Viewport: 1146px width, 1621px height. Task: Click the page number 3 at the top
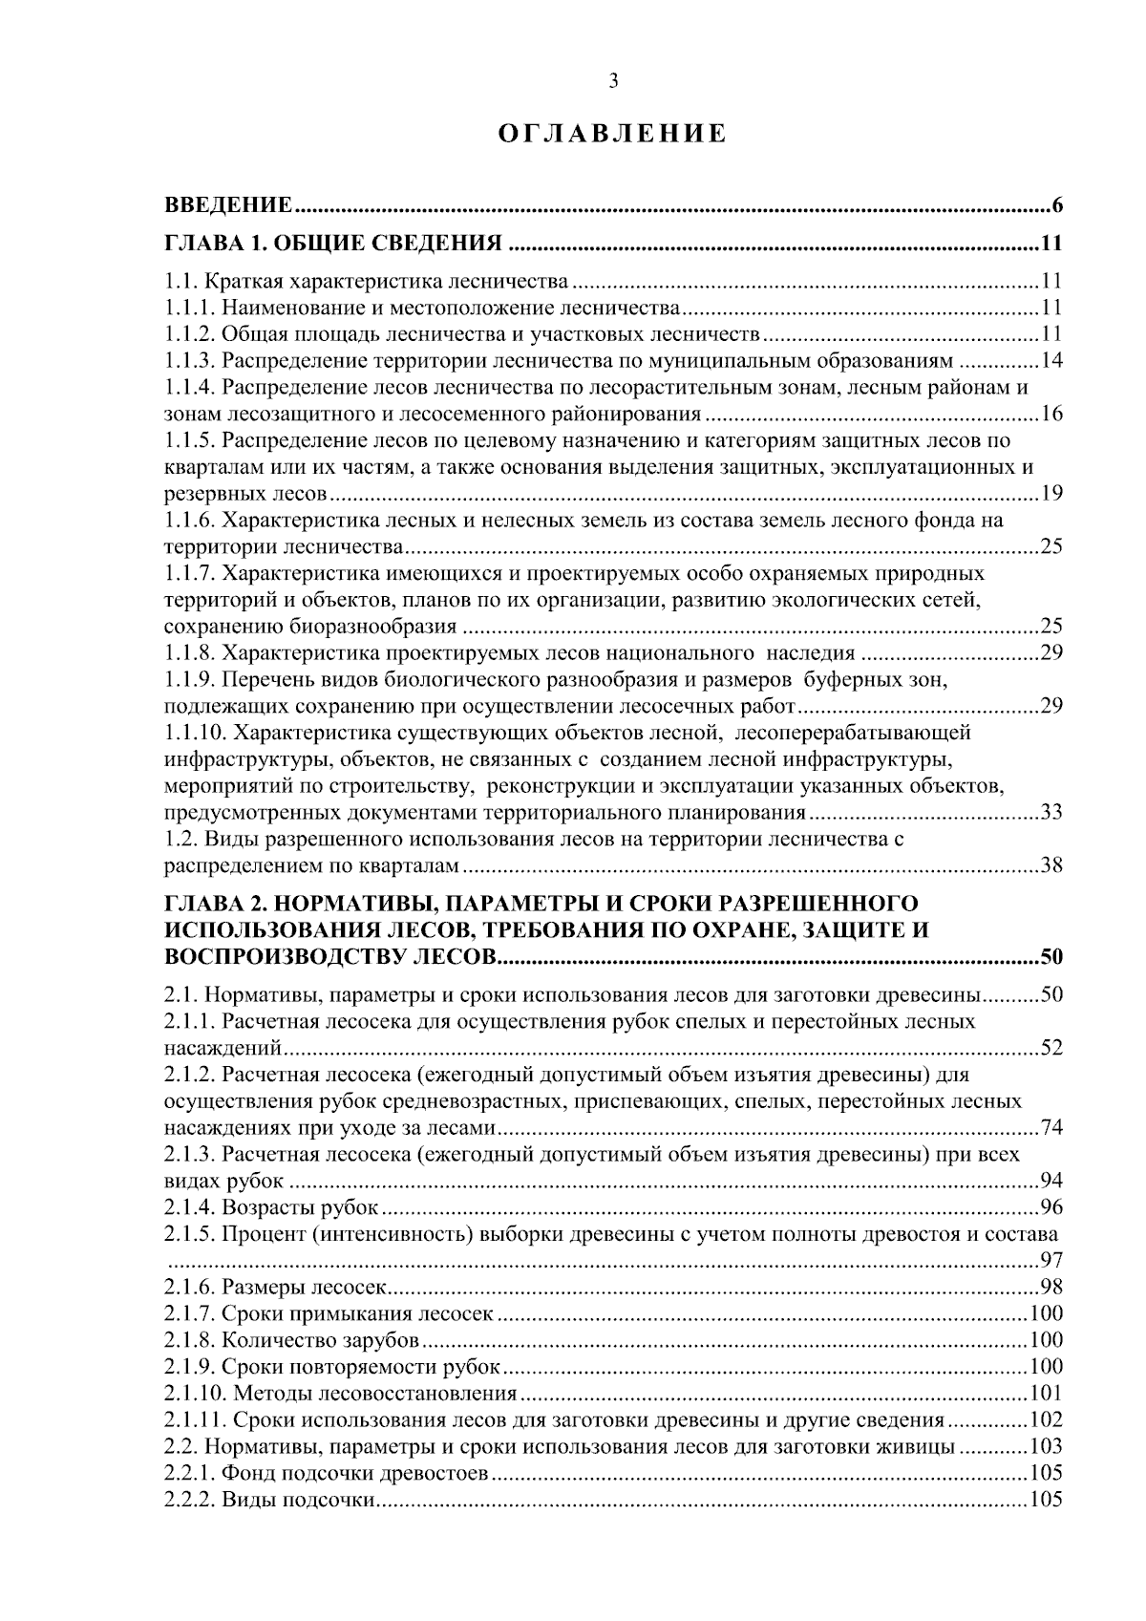614,82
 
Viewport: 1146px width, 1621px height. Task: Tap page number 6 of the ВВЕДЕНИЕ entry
1057,205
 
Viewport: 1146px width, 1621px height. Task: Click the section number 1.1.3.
190,361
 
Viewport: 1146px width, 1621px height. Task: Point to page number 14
1052,361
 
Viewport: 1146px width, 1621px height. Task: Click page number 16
1052,415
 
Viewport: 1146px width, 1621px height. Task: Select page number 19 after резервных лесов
1052,494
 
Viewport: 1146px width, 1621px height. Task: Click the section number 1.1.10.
195,734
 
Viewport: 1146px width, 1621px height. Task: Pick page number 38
1052,866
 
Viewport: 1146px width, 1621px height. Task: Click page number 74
1052,1128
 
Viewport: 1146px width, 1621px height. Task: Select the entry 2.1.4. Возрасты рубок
272,1207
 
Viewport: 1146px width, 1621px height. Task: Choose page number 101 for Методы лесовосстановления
1048,1393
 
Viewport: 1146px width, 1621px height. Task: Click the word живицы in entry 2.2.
917,1446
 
